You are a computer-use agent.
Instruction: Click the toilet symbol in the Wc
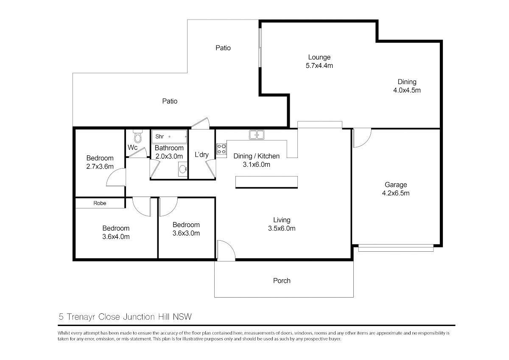coord(138,136)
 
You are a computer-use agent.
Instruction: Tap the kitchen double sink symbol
coord(257,135)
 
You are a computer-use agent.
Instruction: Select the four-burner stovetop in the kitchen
coord(221,149)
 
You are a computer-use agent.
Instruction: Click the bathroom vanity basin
coord(183,169)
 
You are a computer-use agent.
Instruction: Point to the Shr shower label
coord(159,136)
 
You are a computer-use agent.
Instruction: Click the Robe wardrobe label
coord(100,203)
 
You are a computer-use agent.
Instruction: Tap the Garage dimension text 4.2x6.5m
coord(396,193)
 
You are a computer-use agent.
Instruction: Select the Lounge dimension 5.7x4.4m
coord(319,65)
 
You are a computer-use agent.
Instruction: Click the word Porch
coord(282,281)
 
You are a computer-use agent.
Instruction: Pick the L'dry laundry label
coord(201,155)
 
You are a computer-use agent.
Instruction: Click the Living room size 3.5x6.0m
coord(282,228)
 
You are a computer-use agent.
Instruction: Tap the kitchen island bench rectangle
coord(266,182)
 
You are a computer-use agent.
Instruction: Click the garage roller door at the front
coord(396,248)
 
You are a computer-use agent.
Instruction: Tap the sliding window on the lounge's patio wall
coord(260,48)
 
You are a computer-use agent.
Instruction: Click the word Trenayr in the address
coord(81,317)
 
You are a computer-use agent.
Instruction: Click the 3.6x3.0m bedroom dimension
coord(186,233)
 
